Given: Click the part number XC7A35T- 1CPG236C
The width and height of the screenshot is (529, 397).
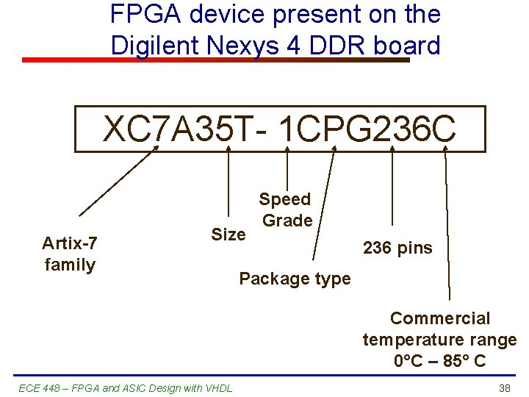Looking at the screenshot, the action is pyautogui.click(x=279, y=129).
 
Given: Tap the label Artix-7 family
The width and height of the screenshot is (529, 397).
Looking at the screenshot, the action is pyautogui.click(x=70, y=254).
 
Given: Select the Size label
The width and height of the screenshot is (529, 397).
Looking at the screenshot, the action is pyautogui.click(x=228, y=235).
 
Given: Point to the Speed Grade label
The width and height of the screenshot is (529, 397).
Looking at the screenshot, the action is pyautogui.click(x=286, y=210).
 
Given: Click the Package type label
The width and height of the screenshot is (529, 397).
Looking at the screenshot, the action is pyautogui.click(x=295, y=279).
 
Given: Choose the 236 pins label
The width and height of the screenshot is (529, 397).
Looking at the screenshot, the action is pyautogui.click(x=397, y=248).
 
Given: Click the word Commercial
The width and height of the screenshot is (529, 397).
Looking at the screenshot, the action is pyautogui.click(x=439, y=318).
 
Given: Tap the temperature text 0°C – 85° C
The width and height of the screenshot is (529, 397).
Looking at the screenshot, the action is pyautogui.click(x=439, y=361).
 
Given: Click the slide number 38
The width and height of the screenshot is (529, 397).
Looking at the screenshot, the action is pyautogui.click(x=504, y=387).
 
